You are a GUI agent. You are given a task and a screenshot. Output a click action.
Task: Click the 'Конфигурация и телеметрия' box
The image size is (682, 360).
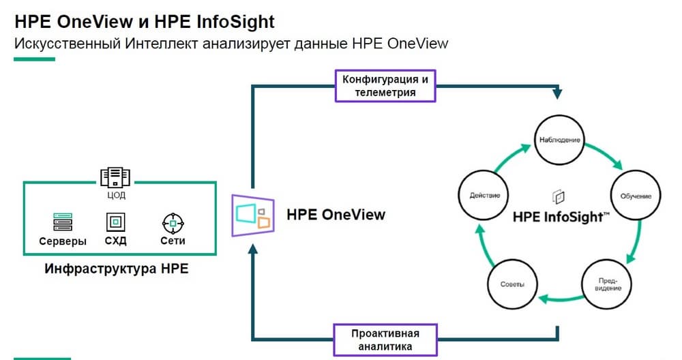(385, 86)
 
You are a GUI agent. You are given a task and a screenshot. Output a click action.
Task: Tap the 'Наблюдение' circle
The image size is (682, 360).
(560, 140)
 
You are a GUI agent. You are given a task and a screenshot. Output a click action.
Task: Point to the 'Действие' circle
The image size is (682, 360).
(485, 196)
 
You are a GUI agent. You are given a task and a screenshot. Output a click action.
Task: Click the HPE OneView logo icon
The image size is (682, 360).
(253, 215)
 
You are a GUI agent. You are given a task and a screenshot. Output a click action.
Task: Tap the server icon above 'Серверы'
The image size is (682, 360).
(63, 222)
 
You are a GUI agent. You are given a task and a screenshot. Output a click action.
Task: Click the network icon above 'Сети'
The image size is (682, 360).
(173, 222)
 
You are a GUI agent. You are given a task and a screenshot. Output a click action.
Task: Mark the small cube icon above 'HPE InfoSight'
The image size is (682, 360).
(560, 197)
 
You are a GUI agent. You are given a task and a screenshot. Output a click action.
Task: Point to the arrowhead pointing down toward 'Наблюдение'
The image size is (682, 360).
(560, 91)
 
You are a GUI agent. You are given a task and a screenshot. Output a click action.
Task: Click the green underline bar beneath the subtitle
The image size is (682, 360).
(34, 59)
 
